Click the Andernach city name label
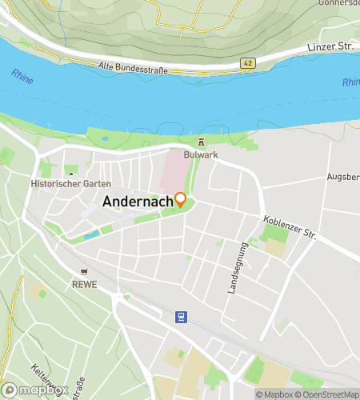click(138, 202)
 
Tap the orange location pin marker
click(181, 200)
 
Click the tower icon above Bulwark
click(201, 142)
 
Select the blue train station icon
click(182, 317)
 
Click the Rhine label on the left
click(22, 78)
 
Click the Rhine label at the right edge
click(350, 82)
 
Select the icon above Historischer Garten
click(72, 174)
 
